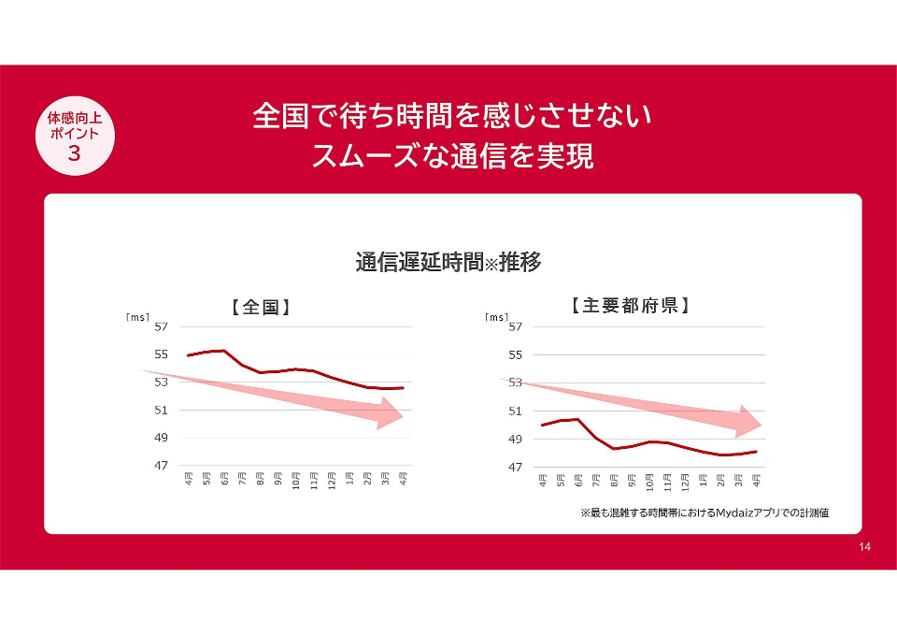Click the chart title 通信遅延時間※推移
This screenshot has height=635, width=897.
coord(448,262)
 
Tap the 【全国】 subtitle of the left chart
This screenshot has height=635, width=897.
coord(261,308)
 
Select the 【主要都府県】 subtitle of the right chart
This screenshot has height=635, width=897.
coord(629,305)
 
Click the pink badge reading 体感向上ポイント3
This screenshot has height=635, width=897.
coord(75,136)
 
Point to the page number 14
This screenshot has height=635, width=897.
coord(864,547)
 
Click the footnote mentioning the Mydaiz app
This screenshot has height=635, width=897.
coord(705,512)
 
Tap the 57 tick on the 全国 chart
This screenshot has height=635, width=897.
coord(162,327)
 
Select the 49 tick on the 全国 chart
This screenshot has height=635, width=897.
coord(162,438)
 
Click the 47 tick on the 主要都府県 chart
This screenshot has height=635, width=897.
coord(516,468)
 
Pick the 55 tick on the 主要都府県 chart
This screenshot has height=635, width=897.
coord(516,355)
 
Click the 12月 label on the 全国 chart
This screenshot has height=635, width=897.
coord(332,479)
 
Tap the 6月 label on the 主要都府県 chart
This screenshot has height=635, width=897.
coord(578,480)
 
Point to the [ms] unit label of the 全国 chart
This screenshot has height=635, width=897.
coord(137,317)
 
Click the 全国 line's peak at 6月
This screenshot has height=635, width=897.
coord(224,351)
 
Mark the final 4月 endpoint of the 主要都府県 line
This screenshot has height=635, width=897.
coord(756,452)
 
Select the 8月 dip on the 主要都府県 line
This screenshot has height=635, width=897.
coord(614,448)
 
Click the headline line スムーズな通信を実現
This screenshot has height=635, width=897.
coord(452,156)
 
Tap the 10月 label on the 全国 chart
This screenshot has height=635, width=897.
coord(296,479)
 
